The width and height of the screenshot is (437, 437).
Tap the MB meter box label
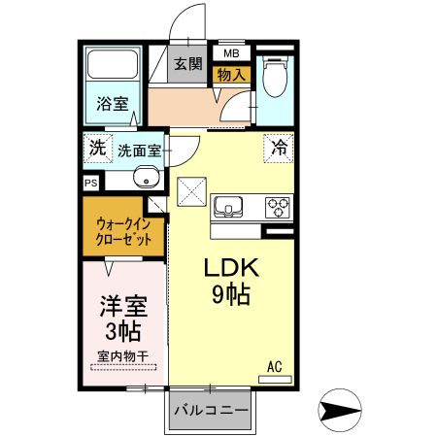click(231, 53)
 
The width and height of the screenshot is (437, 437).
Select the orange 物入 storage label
click(231, 73)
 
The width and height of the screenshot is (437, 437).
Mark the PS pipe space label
click(90, 182)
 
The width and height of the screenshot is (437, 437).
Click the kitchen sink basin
click(231, 206)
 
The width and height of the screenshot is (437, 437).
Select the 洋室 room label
click(123, 306)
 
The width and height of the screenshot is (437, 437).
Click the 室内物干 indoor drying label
click(123, 356)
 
